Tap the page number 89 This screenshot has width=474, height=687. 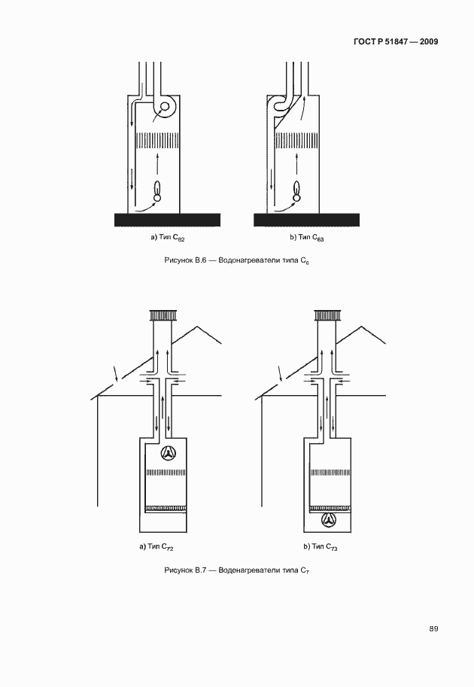coord(434,629)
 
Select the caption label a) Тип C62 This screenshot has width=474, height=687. coord(167,238)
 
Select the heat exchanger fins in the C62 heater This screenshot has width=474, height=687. coord(157,141)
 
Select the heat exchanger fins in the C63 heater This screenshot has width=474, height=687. coord(297,141)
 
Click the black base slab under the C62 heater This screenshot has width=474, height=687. coord(167,219)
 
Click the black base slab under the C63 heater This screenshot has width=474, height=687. coord(307,219)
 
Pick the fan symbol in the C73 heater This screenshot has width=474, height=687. coord(328,519)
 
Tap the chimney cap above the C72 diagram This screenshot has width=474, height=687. coord(163,315)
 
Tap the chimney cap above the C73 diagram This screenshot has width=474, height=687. coord(327,315)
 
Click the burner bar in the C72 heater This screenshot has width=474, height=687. coord(166,508)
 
